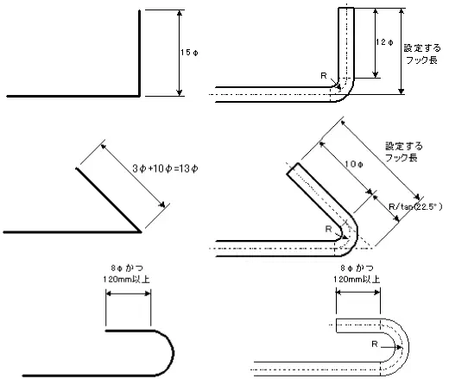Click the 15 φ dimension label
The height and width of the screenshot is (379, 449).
pyautogui.click(x=189, y=53)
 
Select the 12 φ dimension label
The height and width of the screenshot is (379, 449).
pyautogui.click(x=384, y=42)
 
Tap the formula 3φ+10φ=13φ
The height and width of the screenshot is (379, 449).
pyautogui.click(x=165, y=168)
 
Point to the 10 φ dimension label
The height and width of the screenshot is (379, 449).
pyautogui.click(x=354, y=164)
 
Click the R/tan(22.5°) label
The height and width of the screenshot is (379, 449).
pyautogui.click(x=415, y=206)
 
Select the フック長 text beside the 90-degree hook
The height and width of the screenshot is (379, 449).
pyautogui.click(x=421, y=60)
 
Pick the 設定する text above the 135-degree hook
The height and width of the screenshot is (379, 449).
pyautogui.click(x=404, y=146)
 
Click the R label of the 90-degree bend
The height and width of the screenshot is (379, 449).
pyautogui.click(x=324, y=76)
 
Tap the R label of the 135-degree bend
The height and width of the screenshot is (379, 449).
pyautogui.click(x=328, y=229)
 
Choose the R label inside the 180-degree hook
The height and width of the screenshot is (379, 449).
pyautogui.click(x=375, y=344)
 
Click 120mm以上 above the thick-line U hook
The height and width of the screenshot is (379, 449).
pyautogui.click(x=127, y=279)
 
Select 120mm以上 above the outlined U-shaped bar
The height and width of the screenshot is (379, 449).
pyautogui.click(x=357, y=279)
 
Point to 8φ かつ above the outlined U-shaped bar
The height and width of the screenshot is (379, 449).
pyautogui.click(x=357, y=268)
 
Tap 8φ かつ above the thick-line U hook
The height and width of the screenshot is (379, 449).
pyautogui.click(x=127, y=268)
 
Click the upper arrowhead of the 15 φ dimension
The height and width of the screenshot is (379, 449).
pyautogui.click(x=180, y=13)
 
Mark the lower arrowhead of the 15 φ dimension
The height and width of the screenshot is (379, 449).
pyautogui.click(x=180, y=93)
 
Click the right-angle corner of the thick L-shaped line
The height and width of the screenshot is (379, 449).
pyautogui.click(x=140, y=96)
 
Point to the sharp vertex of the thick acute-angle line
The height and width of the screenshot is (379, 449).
pyautogui.click(x=141, y=231)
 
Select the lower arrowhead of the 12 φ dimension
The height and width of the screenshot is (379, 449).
pyautogui.click(x=375, y=75)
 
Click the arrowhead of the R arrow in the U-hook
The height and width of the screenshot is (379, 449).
pyautogui.click(x=399, y=347)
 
